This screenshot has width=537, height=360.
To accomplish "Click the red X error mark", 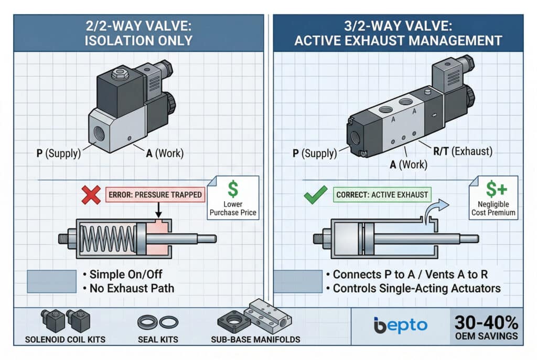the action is [91, 195].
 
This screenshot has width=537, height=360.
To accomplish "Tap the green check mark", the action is [315, 195].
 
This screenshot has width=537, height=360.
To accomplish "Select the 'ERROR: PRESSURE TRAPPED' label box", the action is [155, 195].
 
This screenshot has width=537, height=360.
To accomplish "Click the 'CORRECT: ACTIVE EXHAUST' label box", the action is [382, 195].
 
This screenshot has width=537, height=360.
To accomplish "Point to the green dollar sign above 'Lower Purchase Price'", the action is [233, 189].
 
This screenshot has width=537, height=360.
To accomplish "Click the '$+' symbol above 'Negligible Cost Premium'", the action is [496, 189].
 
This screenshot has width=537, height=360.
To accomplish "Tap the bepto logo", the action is [400, 325].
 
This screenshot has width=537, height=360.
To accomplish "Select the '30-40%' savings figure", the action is [486, 322].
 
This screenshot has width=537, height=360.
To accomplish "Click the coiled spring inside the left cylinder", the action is [108, 239].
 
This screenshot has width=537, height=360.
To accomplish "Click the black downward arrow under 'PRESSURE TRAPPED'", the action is [158, 210].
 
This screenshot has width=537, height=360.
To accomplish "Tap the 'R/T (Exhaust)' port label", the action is [463, 151].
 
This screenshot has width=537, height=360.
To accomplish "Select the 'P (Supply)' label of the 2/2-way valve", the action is [59, 153].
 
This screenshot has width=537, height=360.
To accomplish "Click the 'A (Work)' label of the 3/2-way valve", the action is [409, 165].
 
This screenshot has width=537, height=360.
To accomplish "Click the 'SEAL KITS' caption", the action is [158, 340].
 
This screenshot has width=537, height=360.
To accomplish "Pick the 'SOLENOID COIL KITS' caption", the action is [65, 340].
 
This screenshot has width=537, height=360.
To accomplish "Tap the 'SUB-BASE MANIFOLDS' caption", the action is [255, 340].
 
